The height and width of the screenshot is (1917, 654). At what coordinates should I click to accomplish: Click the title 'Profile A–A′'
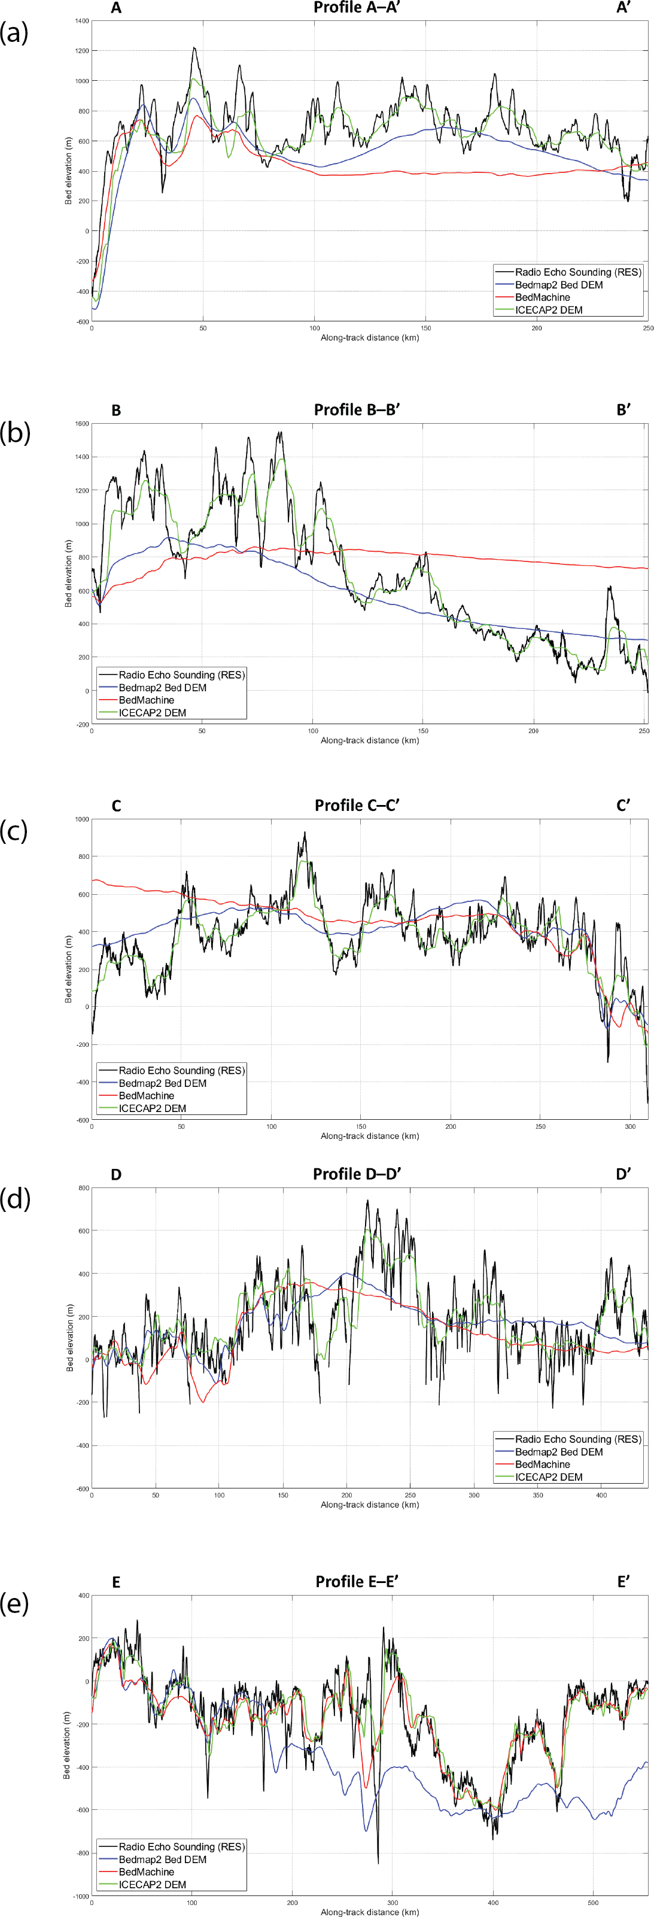(357, 8)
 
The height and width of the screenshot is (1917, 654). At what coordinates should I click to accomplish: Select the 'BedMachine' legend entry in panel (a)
(542, 297)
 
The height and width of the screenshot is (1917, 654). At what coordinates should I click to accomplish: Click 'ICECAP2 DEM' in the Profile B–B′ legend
(153, 713)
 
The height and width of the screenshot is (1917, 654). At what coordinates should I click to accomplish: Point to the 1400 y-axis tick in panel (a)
(80, 22)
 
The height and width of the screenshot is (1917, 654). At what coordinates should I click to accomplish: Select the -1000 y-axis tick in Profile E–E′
(79, 1896)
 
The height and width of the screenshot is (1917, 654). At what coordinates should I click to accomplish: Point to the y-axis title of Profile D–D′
(69, 1338)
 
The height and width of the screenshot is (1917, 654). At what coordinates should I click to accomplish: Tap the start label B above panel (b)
(116, 411)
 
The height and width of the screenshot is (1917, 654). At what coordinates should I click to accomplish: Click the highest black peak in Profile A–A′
(194, 48)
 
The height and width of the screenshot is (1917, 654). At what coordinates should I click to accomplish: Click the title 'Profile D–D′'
(357, 1174)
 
